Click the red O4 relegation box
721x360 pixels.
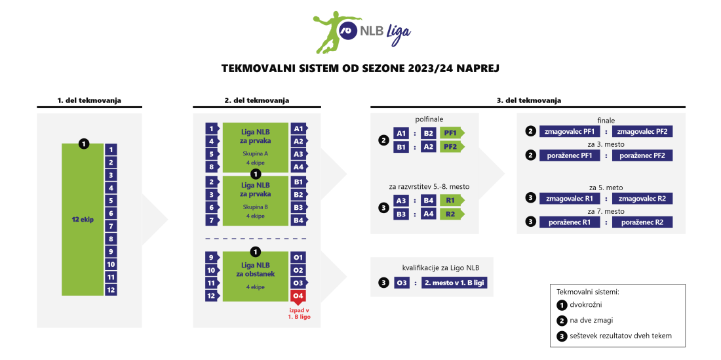(298, 296)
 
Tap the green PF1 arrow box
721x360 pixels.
(451, 134)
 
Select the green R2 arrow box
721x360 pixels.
(451, 214)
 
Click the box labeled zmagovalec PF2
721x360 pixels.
(642, 132)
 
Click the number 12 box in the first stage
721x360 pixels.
(111, 289)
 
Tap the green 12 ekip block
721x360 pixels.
(83, 219)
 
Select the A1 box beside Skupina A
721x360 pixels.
(298, 129)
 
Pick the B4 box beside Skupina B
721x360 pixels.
(298, 220)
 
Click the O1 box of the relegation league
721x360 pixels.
(298, 257)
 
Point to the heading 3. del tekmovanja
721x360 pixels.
(528, 100)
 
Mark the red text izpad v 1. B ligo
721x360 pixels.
(298, 313)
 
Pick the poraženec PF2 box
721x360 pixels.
(642, 155)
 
